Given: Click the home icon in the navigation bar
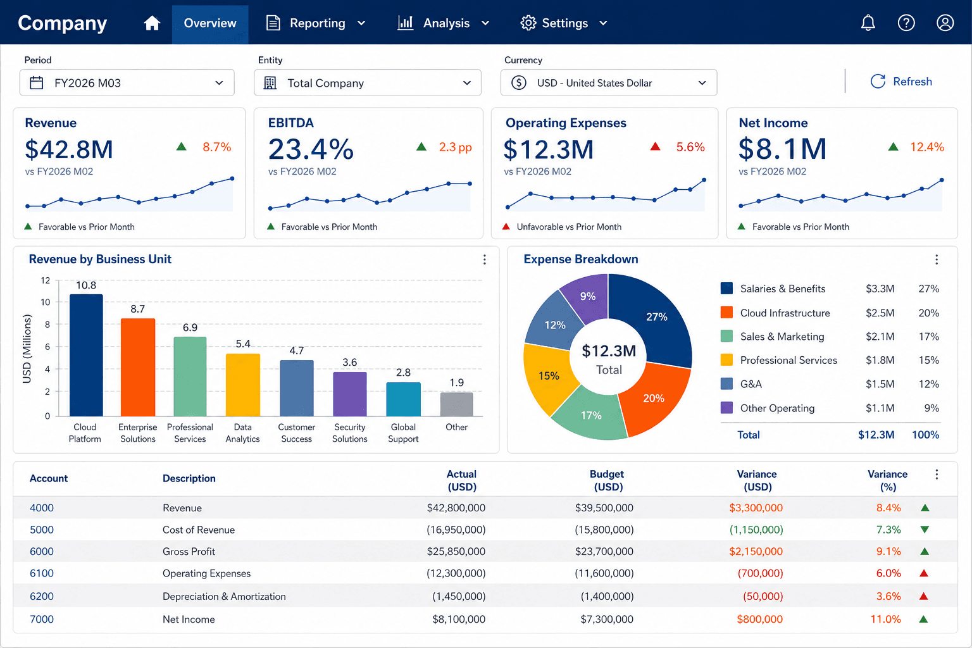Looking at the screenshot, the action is (x=152, y=23).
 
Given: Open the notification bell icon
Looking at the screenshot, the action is (x=868, y=23).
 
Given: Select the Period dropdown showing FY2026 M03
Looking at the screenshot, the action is (x=127, y=82).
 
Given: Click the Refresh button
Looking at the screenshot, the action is (x=901, y=82).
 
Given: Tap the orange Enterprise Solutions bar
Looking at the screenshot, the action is (x=137, y=367).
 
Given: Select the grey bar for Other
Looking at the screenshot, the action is (x=456, y=404).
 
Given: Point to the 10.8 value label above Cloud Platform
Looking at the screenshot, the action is (x=86, y=285).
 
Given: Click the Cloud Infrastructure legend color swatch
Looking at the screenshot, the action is (x=726, y=313).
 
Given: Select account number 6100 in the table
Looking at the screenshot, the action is (x=42, y=573).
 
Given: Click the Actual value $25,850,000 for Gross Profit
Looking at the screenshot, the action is (x=456, y=551).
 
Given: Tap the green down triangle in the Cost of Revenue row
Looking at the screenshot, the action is (x=925, y=530).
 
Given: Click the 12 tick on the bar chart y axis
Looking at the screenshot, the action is (x=46, y=280).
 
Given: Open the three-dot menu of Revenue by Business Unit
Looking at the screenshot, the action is (x=485, y=259).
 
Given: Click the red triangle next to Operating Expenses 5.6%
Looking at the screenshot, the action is (x=655, y=147).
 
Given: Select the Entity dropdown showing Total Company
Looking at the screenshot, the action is (x=368, y=82).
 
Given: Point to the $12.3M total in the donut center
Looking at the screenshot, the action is (x=609, y=351).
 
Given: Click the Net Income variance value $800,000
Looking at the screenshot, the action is (x=760, y=619).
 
